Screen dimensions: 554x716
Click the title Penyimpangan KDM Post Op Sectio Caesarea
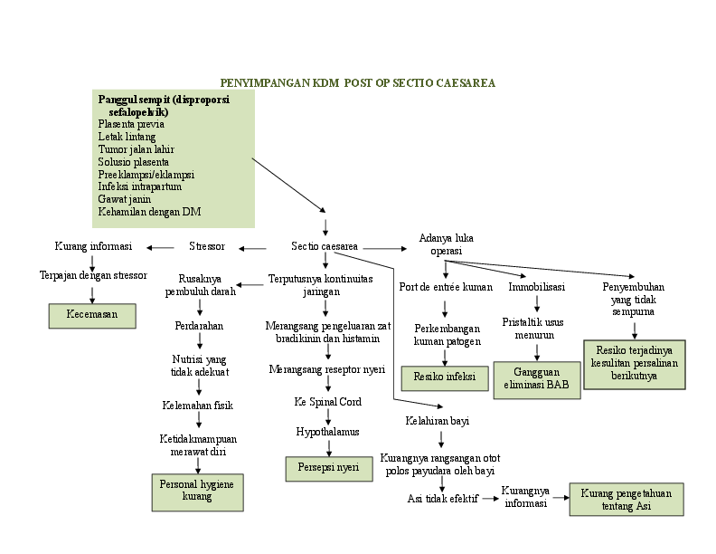(358, 82)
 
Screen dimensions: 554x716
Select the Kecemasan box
(92, 315)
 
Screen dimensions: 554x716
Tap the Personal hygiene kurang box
(196, 491)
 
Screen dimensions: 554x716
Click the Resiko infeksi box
(444, 376)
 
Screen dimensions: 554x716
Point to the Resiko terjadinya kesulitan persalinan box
(634, 363)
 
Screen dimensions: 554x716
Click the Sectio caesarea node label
(325, 246)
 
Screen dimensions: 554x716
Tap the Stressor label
(207, 246)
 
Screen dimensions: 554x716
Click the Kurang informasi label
(93, 246)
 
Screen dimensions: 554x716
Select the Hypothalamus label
(327, 432)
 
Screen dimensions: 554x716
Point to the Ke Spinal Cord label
(326, 401)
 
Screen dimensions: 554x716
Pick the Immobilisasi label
(536, 287)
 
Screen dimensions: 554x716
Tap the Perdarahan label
(199, 325)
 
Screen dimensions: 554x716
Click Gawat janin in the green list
(125, 199)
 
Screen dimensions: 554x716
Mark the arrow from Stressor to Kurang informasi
(161, 247)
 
